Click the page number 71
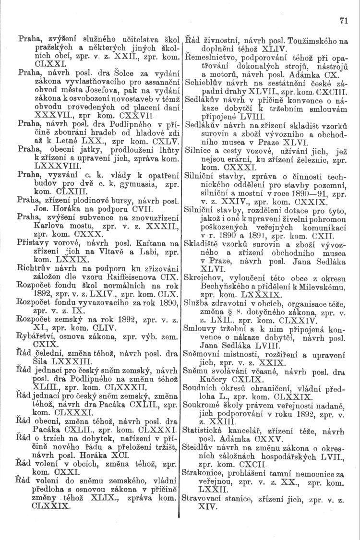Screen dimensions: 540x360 (343, 21)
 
